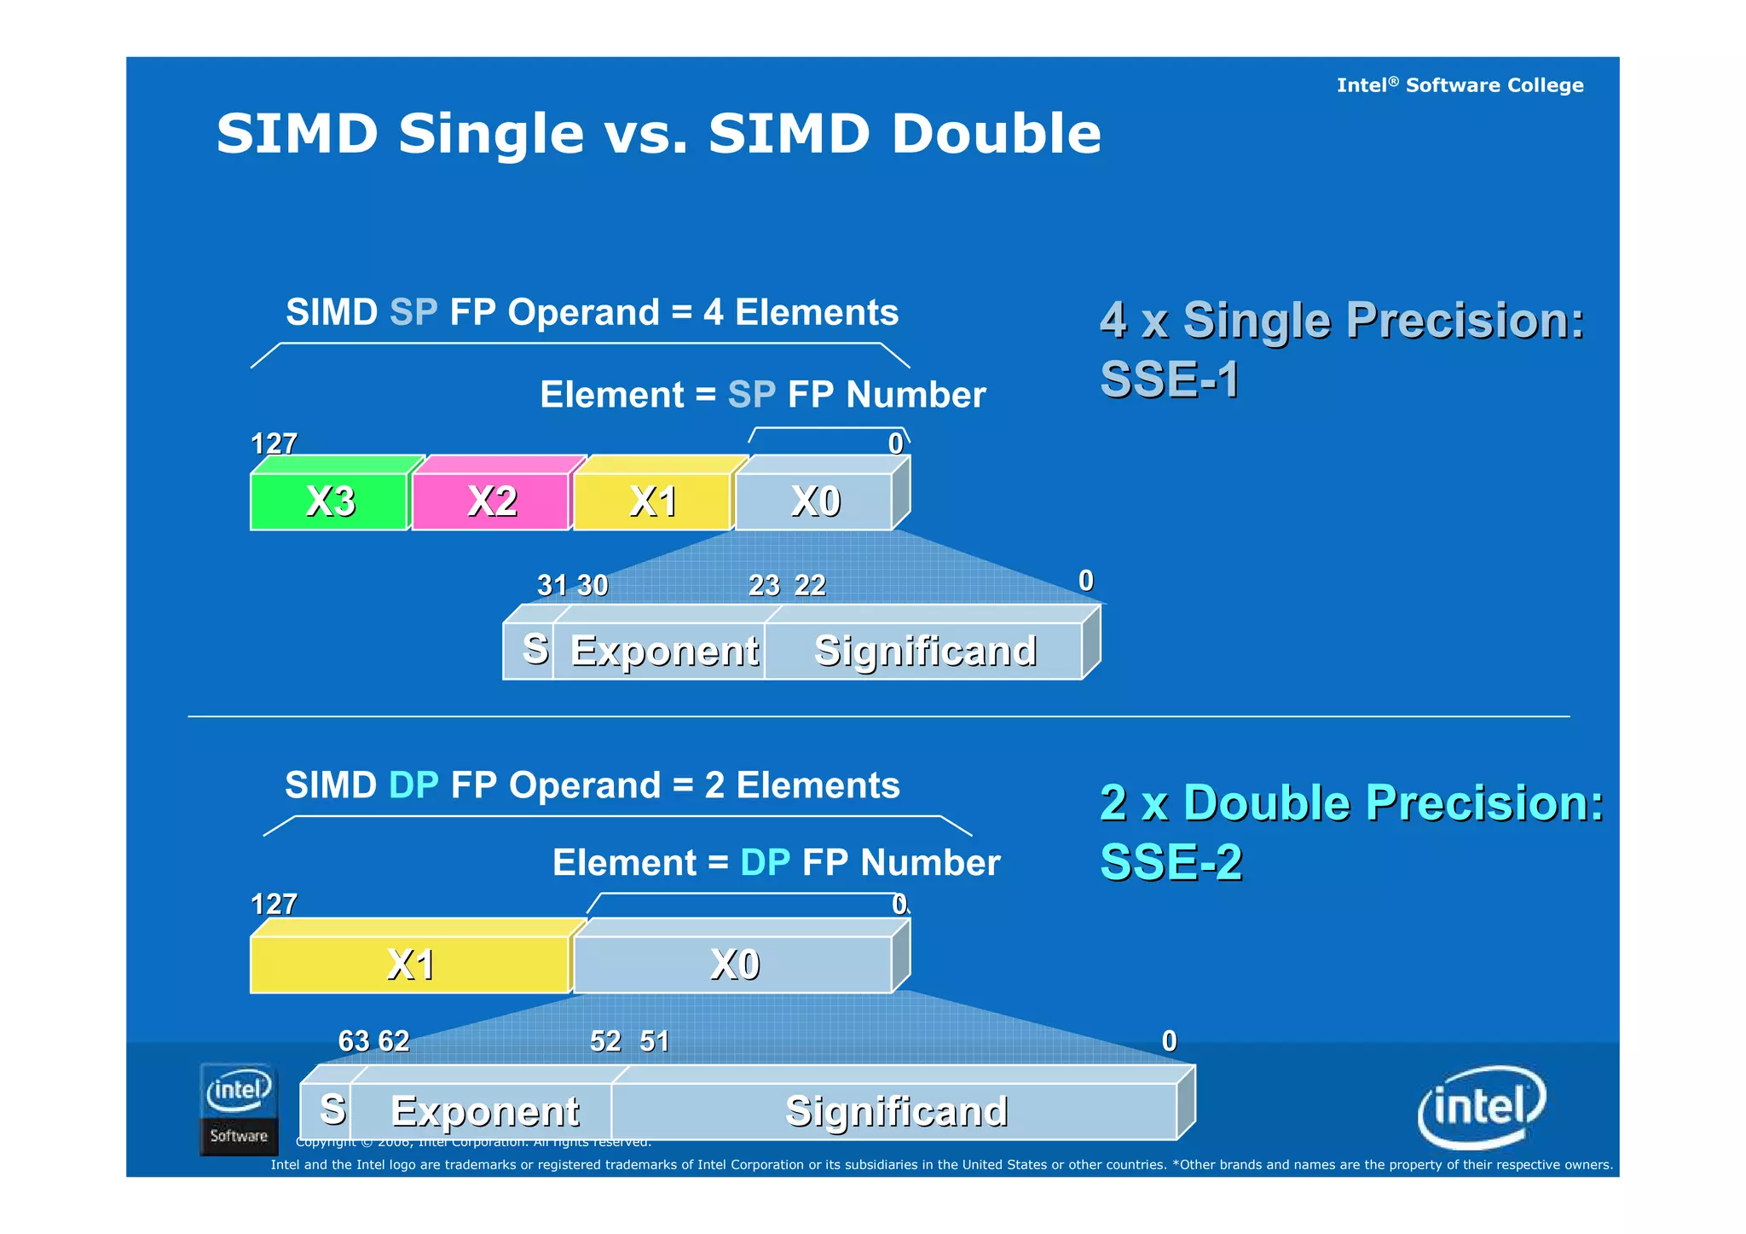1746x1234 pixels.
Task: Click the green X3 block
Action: (x=329, y=501)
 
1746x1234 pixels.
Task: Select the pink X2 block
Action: (x=491, y=501)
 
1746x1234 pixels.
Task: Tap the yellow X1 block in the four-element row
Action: (x=652, y=501)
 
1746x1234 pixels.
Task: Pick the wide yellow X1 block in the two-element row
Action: (x=410, y=965)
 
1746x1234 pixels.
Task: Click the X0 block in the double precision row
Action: (x=733, y=965)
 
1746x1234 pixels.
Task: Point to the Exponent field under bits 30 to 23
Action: (x=663, y=651)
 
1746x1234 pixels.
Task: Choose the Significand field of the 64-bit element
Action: (x=895, y=1111)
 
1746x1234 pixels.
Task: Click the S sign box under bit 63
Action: (x=332, y=1109)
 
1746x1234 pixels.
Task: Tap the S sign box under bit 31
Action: (x=534, y=649)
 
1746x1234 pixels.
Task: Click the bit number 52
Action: (x=605, y=1041)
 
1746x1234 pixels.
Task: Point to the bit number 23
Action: (x=764, y=586)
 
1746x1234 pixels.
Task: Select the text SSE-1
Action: (x=1169, y=379)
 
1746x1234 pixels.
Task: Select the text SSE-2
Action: (x=1171, y=861)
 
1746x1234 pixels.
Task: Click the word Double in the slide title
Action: (x=996, y=134)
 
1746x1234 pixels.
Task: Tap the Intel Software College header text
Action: (x=1459, y=85)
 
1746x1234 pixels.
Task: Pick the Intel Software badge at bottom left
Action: (x=239, y=1109)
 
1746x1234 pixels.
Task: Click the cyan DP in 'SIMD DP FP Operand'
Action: (x=413, y=785)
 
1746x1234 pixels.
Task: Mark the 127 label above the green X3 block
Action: (x=274, y=443)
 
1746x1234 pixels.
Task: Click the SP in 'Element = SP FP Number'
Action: (x=751, y=395)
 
